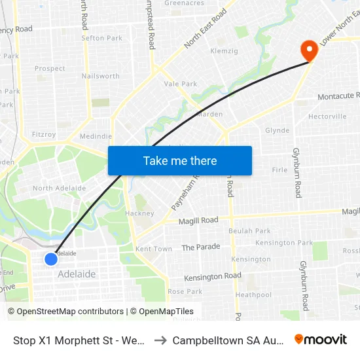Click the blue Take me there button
[180, 160]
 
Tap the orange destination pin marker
[308, 50]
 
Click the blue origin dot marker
[51, 259]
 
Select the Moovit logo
[321, 339]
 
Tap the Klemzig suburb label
[223, 50]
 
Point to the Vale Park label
[181, 84]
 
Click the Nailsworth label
[101, 76]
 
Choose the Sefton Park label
[101, 38]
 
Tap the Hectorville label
[327, 117]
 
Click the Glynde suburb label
[277, 130]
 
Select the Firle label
[279, 170]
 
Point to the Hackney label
[139, 213]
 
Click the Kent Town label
[154, 249]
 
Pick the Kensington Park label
[284, 243]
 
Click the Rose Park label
[185, 291]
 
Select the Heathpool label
[253, 295]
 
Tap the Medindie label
[96, 137]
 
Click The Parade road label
[201, 247]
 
